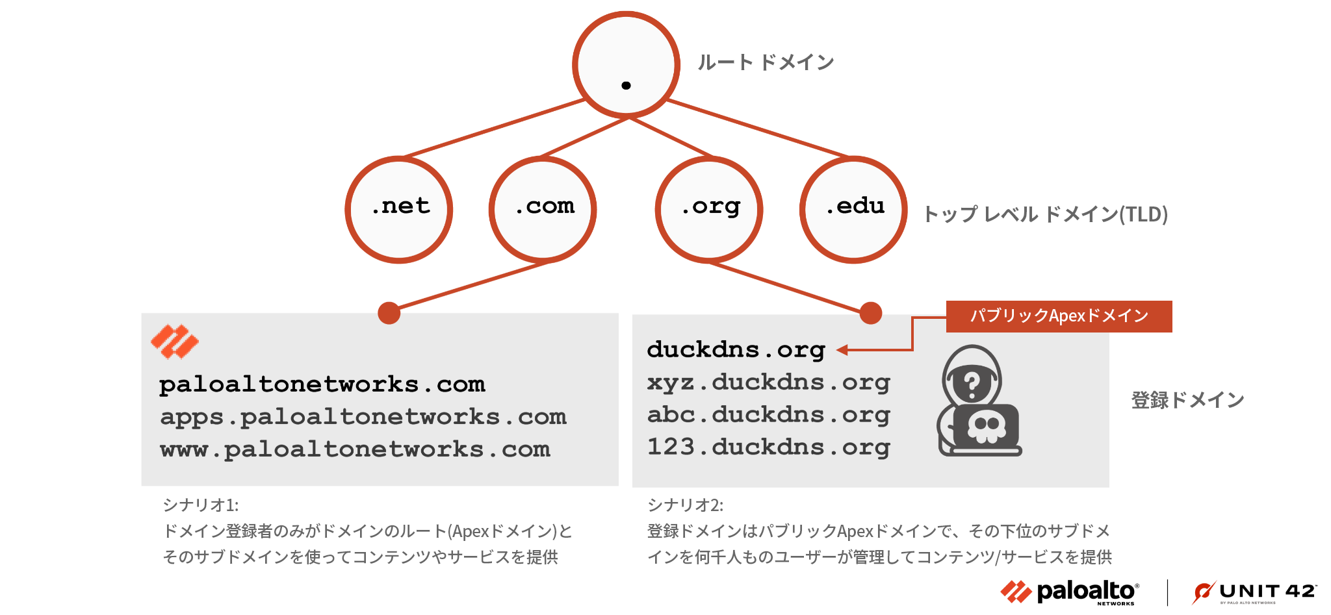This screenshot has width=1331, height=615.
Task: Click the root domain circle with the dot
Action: pos(626,65)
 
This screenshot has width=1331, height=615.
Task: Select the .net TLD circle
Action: pos(399,209)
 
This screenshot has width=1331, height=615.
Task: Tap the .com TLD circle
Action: pos(543,209)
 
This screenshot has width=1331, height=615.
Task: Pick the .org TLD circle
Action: pos(709,209)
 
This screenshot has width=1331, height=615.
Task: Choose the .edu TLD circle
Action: pos(853,209)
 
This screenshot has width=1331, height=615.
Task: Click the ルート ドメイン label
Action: pos(766,62)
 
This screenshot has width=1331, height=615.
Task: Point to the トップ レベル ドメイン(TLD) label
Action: pos(1045,214)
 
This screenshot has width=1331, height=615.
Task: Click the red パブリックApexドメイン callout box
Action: pos(1059,316)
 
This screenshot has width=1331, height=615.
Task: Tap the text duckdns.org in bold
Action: pos(736,350)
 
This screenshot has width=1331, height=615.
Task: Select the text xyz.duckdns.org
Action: pos(768,383)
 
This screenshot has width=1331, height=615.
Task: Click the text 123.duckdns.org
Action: pos(768,447)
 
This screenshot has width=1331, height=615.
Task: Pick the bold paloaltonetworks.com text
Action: pos(322,384)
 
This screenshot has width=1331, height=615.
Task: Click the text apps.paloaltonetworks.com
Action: pos(363,417)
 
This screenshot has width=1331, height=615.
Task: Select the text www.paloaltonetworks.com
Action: pos(355,449)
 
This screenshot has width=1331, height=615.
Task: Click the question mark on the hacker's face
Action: pos(972,385)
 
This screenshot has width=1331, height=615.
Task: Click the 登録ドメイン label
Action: pos(1187,400)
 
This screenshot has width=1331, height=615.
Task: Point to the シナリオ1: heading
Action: pos(201,505)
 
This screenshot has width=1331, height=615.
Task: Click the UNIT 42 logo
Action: pos(1254,592)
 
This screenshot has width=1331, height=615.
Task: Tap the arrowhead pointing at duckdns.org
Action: pos(842,350)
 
